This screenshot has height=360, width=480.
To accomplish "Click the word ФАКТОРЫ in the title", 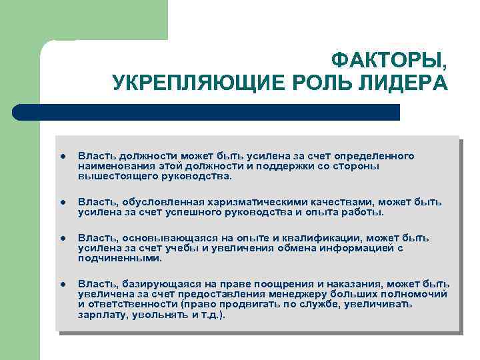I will pyautogui.click(x=389, y=61).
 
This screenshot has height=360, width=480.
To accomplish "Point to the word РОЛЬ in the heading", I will pyautogui.click(x=325, y=83).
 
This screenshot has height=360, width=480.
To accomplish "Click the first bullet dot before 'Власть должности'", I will pyautogui.click(x=61, y=156).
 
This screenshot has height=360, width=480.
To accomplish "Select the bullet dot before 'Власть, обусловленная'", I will pyautogui.click(x=61, y=202).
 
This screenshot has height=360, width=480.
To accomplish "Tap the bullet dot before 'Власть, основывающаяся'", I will pyautogui.click(x=61, y=238).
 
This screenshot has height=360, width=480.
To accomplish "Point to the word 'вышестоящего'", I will pyautogui.click(x=112, y=176).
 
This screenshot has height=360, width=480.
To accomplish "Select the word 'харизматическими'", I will pyautogui.click(x=247, y=202).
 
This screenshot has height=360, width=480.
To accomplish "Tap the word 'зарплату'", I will pyautogui.click(x=101, y=314).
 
